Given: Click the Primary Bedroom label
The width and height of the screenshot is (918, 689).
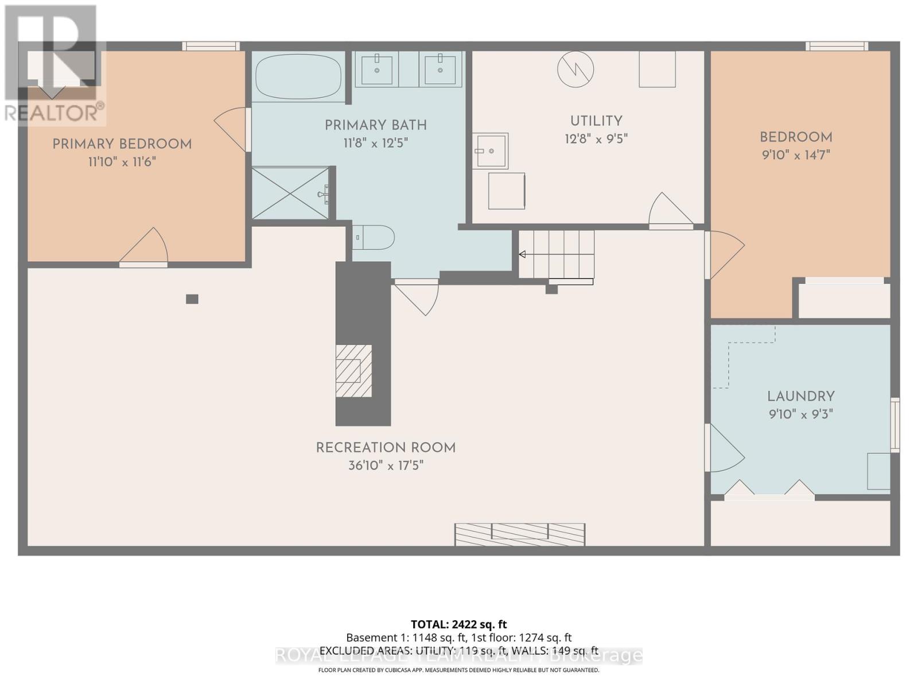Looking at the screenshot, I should pos(122,144).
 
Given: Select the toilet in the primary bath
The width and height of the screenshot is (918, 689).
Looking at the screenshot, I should pos(374,237).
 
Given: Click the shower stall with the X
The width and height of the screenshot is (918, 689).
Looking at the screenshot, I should pos(291,193).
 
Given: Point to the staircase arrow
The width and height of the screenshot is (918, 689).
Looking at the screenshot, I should pos(523,254).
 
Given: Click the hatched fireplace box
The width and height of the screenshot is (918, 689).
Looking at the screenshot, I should pos(353,371).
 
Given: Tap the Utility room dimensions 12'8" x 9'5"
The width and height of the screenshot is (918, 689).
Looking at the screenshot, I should pos(596,139).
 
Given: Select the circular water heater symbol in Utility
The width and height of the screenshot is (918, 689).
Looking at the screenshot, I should pos(575,69).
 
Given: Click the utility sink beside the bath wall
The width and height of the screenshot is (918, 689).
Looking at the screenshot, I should pos(491,151).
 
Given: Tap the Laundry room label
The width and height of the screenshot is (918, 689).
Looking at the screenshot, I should pos(800,396).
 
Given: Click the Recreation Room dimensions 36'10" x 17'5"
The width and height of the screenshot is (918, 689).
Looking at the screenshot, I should pos(386,465).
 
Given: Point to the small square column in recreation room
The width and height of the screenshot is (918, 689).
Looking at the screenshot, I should pos(192,299).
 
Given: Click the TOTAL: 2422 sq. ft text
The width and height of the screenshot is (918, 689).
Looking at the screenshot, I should pos(458,624).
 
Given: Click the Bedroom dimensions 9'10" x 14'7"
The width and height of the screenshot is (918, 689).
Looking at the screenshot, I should pos(796,155).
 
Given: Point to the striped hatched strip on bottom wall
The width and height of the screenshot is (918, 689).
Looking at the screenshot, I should pos(520,534).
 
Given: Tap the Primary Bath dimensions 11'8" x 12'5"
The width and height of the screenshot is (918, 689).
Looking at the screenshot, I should pos(375,143).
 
